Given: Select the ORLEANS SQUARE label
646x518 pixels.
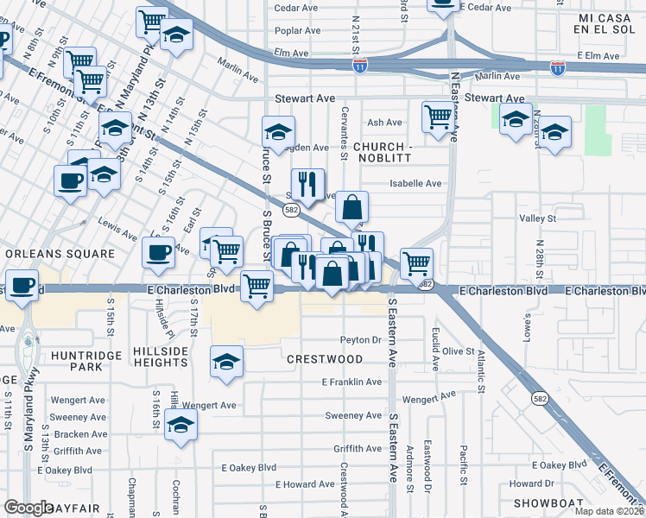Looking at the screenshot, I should click(60, 254).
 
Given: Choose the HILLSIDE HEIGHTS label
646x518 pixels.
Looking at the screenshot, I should click(161, 357).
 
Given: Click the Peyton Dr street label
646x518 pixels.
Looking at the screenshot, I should click(360, 339).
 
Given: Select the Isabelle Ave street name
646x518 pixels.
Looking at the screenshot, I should click(415, 183).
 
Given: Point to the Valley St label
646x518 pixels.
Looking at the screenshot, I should click(536, 219).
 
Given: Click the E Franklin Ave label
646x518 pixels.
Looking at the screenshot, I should click(351, 382).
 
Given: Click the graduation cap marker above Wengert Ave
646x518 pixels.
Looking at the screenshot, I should click(226, 360).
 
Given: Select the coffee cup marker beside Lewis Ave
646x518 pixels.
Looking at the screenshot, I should click(158, 252).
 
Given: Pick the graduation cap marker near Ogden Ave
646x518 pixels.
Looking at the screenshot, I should click(279, 131).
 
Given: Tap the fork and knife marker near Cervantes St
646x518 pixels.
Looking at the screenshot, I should click(307, 183).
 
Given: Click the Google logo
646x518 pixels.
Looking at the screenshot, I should click(28, 508).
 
